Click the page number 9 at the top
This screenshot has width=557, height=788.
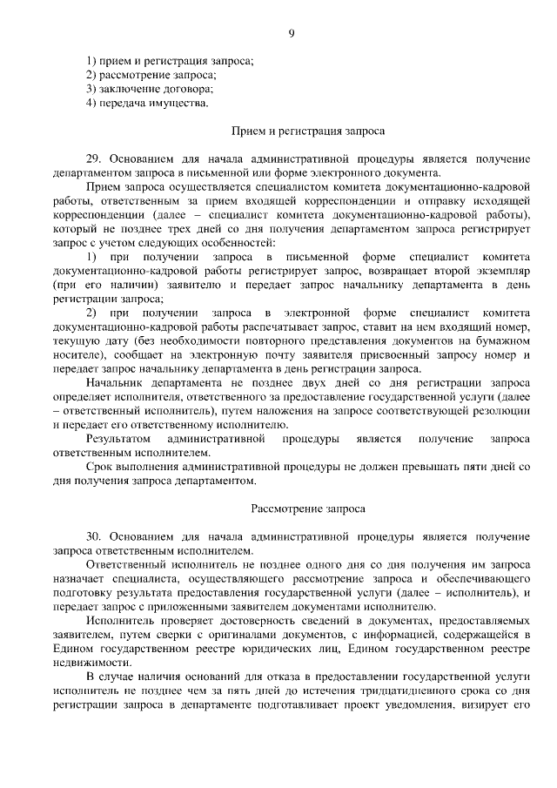[x=292, y=33]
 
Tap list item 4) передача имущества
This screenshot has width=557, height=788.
[x=148, y=104]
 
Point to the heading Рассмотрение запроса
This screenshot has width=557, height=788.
[x=296, y=507]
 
